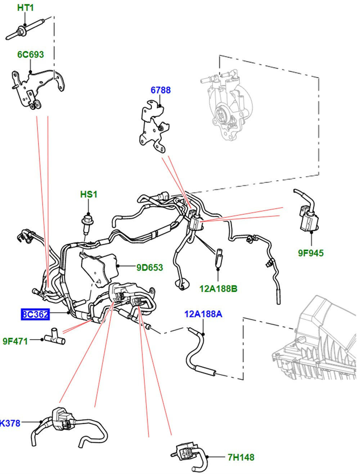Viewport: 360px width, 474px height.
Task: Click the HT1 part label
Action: pyautogui.click(x=25, y=7)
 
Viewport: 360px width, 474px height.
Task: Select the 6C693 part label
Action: pyautogui.click(x=31, y=55)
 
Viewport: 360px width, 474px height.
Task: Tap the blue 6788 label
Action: pyautogui.click(x=161, y=90)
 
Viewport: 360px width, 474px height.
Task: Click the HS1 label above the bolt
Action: pyautogui.click(x=89, y=195)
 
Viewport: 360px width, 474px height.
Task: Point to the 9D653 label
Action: pyautogui.click(x=149, y=268)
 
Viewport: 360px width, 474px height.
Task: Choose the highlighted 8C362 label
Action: pyautogui.click(x=35, y=314)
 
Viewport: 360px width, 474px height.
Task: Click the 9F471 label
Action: pyautogui.click(x=15, y=341)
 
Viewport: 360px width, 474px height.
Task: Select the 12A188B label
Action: pyautogui.click(x=218, y=288)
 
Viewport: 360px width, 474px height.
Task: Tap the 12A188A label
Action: pyautogui.click(x=203, y=314)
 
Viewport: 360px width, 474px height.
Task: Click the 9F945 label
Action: pyautogui.click(x=311, y=253)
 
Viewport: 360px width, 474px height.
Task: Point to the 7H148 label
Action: pyautogui.click(x=241, y=457)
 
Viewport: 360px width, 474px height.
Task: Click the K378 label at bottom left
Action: pyautogui.click(x=10, y=423)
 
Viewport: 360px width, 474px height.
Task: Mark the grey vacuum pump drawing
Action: pyautogui.click(x=227, y=104)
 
